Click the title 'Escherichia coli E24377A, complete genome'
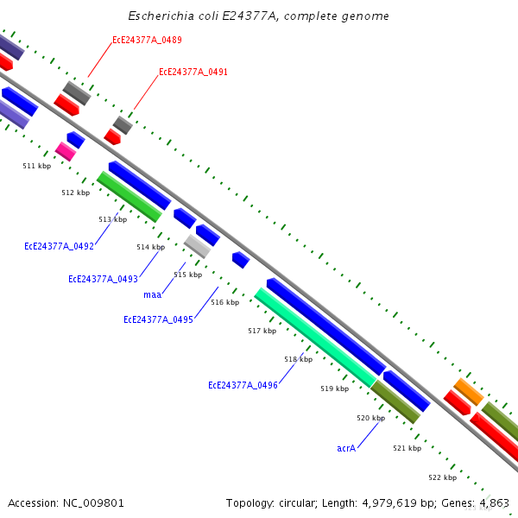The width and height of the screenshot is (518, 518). (x=258, y=16)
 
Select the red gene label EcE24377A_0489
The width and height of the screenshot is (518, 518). (x=147, y=41)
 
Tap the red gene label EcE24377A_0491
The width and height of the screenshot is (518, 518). (x=193, y=73)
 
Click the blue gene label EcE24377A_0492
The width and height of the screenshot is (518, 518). (x=59, y=246)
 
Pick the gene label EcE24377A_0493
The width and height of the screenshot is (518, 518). (x=103, y=279)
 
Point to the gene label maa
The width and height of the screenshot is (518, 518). (x=152, y=294)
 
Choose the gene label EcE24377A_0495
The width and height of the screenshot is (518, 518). (x=158, y=319)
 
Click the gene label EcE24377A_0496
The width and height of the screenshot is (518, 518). (x=243, y=385)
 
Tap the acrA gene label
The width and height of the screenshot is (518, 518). (x=346, y=448)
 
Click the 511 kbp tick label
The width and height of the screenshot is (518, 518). (x=36, y=166)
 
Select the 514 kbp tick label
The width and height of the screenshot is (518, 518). (x=150, y=247)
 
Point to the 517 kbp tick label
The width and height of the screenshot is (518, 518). (x=262, y=331)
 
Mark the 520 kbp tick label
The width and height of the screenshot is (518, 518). (x=370, y=418)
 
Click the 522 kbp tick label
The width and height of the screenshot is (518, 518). (x=442, y=477)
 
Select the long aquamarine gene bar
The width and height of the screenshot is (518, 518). (x=315, y=338)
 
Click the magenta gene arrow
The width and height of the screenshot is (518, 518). (x=66, y=151)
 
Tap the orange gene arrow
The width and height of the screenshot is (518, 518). (x=469, y=391)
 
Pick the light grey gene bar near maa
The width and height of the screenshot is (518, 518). (x=197, y=246)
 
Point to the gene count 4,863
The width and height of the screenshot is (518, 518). (x=493, y=502)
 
